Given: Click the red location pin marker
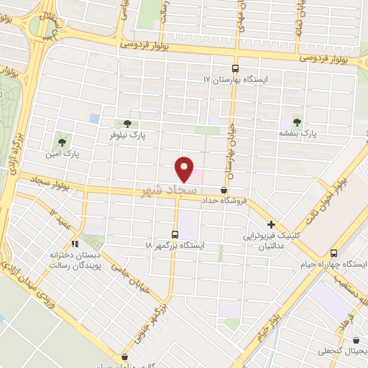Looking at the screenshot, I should click(185, 168).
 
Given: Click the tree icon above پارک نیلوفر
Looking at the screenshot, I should click(128, 124).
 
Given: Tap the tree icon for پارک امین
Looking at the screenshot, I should click(62, 142).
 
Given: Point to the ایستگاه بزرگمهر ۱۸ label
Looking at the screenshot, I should click(175, 245).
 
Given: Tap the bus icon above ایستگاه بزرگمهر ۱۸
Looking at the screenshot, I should click(175, 234).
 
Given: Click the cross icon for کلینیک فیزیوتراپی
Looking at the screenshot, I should click(271, 224).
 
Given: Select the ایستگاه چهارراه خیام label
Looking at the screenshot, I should click(333, 264).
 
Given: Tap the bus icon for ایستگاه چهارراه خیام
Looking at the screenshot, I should click(333, 253).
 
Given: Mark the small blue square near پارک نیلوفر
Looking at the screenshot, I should click(94, 117).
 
